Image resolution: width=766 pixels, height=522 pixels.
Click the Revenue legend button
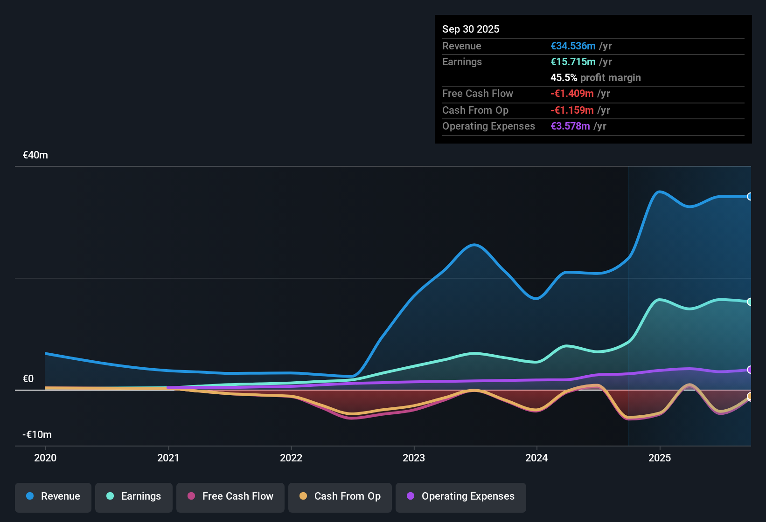click(x=53, y=496)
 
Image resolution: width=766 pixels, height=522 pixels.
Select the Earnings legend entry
click(x=134, y=496)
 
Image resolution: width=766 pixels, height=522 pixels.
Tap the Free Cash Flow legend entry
click(x=230, y=496)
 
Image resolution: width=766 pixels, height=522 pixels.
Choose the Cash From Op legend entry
click(x=340, y=496)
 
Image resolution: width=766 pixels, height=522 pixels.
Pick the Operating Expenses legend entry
click(x=461, y=496)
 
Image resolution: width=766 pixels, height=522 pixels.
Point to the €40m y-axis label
click(x=35, y=155)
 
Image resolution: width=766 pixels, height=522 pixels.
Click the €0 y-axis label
click(x=28, y=379)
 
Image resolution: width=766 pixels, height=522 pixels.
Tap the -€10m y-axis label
click(x=37, y=435)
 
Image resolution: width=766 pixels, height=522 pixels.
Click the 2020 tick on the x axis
click(x=45, y=458)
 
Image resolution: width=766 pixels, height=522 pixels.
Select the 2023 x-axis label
click(x=414, y=458)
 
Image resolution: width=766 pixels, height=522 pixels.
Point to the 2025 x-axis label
click(x=660, y=458)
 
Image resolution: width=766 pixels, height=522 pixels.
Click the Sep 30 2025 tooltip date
click(x=471, y=29)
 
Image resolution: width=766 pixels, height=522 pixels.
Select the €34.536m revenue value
click(x=573, y=46)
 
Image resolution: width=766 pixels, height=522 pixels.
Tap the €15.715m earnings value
click(x=573, y=62)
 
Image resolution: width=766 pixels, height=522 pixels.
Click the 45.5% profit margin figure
click(x=564, y=78)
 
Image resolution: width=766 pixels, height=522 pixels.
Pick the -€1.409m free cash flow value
click(x=572, y=94)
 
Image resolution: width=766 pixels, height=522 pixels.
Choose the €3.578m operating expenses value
click(x=570, y=126)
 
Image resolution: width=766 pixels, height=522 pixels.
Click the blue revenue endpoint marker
click(x=750, y=197)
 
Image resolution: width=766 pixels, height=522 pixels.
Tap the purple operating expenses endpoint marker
click(x=750, y=370)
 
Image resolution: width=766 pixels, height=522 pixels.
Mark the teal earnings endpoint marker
click(x=750, y=302)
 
